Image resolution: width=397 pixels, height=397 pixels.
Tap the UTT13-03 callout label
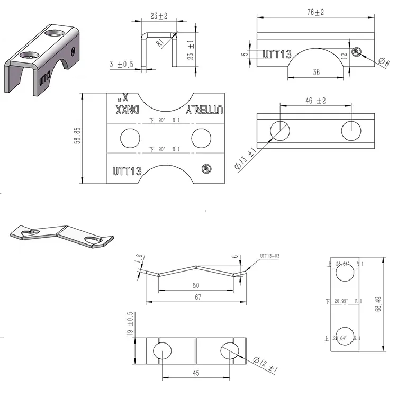tap(269, 256)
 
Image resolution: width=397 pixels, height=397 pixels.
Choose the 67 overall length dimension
tap(197, 297)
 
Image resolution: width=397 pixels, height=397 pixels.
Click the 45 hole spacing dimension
tap(195, 373)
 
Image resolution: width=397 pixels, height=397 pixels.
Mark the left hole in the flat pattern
tap(129, 138)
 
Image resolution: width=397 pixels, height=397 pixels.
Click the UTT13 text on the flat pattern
tap(127, 170)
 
